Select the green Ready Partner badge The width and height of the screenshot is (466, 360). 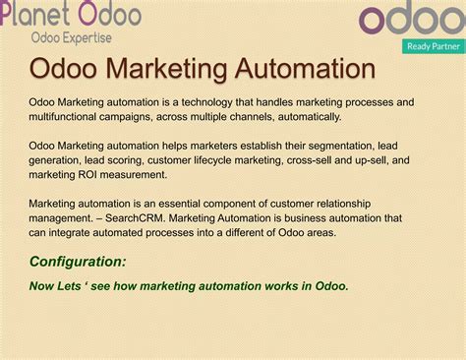433,46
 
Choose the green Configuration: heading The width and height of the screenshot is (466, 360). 78,262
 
